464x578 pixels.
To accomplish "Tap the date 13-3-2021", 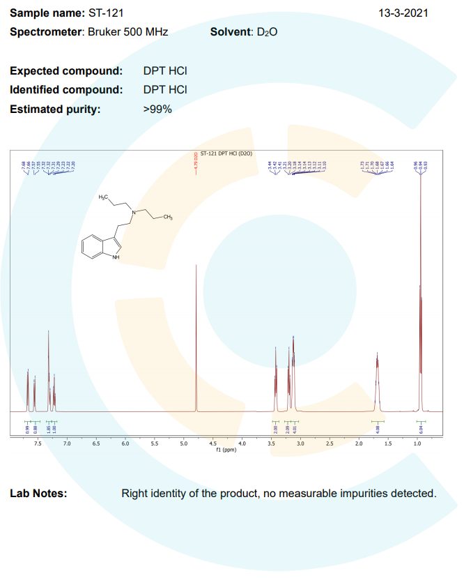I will [x=403, y=13].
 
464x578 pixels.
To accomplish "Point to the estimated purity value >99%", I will [x=157, y=109].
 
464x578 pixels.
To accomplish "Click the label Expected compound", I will [x=66, y=71].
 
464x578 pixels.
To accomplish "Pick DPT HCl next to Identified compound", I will [x=165, y=90].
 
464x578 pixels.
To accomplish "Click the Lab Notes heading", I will [x=38, y=494].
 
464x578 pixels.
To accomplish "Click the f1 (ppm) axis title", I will [x=227, y=450].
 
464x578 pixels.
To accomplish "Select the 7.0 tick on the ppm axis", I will [x=68, y=443].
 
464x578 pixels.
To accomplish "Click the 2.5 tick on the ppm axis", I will [x=330, y=443].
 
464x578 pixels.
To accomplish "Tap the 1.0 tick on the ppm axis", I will [x=417, y=443].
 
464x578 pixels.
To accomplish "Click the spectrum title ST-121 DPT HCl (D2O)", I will [x=226, y=152].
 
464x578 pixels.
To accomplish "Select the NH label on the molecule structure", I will [x=116, y=257].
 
